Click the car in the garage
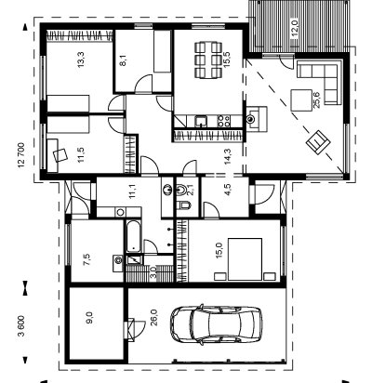pos(217,324)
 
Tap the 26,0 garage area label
pos(154,318)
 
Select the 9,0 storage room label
pos(89,318)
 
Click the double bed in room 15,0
pos(245,259)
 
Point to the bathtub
pos(134,236)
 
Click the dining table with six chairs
pos(208,59)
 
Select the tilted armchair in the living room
pos(318,142)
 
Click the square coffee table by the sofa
pos(301,100)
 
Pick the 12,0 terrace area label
pos(295,29)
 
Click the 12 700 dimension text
pos(21,155)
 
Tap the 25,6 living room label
pos(317,99)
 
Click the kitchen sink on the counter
pos(201,121)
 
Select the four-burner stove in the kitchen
pos(224,121)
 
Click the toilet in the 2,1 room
pos(184,205)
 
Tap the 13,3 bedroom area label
pos(81,59)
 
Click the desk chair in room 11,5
pos(60,154)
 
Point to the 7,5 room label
pos(87,259)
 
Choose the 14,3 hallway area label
pos(228,156)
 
